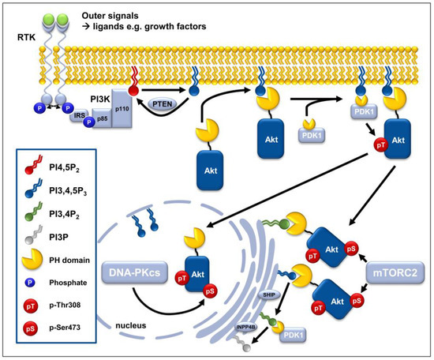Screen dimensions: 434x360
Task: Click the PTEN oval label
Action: click(x=163, y=104)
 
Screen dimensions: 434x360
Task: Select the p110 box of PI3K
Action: click(x=122, y=108)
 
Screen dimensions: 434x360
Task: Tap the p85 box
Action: click(x=102, y=118)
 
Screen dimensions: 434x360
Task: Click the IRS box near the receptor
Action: click(x=79, y=115)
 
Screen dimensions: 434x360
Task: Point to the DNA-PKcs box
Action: click(x=134, y=272)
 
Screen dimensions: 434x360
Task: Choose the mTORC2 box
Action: click(x=395, y=272)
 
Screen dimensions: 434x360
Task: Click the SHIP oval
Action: click(x=269, y=294)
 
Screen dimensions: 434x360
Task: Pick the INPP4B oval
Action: click(x=246, y=327)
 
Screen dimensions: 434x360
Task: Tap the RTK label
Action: click(x=27, y=37)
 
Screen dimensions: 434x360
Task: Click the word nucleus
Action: click(x=131, y=325)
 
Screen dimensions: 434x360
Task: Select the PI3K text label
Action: click(x=100, y=99)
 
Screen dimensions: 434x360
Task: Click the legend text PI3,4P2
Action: click(x=64, y=214)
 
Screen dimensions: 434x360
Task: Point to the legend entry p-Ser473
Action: click(x=65, y=328)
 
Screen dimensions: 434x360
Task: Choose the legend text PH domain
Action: click(x=69, y=261)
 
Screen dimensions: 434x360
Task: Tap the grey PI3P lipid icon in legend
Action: click(x=33, y=234)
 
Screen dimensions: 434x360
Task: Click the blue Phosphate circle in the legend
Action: click(x=30, y=283)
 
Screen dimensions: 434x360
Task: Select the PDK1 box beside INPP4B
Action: click(x=293, y=336)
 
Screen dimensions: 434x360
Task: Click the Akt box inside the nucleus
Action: click(x=197, y=274)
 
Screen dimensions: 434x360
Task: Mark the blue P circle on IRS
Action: click(x=89, y=122)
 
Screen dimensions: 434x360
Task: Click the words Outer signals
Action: click(x=110, y=16)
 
